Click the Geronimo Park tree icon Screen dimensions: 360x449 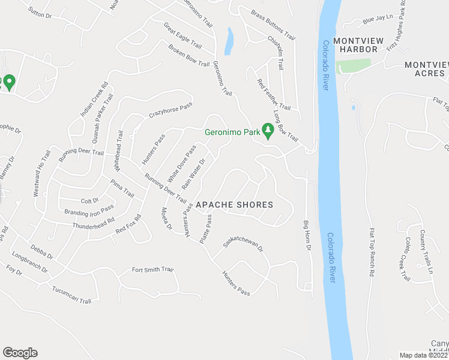pos(268,131)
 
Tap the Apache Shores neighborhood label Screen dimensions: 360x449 pos(240,205)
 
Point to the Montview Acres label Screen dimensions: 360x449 pos(426,68)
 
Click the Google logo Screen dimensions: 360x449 pos(20,353)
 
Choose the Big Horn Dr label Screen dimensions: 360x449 pos(307,235)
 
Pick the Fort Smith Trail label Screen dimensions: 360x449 pos(152,270)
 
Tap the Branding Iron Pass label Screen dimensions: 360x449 pos(89,211)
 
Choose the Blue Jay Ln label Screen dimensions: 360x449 pos(376,20)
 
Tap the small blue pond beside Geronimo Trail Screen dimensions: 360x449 pos(228,41)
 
